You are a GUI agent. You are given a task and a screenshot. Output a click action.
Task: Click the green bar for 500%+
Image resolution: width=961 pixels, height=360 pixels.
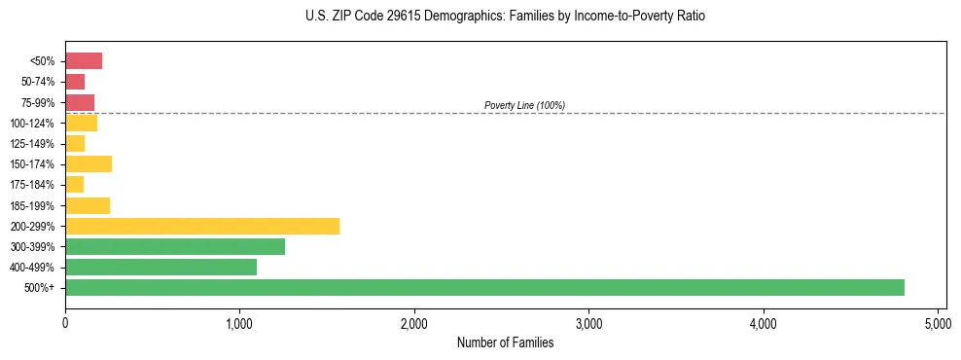point(484,287)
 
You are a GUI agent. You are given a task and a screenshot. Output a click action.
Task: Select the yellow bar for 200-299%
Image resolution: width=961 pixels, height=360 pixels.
point(202,226)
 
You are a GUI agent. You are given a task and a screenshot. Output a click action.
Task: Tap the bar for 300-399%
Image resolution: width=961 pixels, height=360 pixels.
point(175,246)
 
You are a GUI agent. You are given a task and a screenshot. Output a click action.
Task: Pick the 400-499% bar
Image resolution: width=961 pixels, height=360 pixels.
point(160,267)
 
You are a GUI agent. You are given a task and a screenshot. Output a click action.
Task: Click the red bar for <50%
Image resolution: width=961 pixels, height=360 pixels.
point(84,61)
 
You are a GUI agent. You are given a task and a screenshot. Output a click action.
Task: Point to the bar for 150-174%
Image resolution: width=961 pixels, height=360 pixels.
point(89,163)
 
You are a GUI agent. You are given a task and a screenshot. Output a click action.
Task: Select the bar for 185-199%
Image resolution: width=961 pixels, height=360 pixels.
point(88,205)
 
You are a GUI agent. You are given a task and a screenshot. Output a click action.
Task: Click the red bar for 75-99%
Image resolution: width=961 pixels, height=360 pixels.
point(80,102)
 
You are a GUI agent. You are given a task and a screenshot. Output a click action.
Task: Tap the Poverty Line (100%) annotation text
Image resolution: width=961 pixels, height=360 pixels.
point(524,105)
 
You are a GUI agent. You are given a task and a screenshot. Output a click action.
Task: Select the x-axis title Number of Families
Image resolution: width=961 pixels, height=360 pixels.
point(506,342)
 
